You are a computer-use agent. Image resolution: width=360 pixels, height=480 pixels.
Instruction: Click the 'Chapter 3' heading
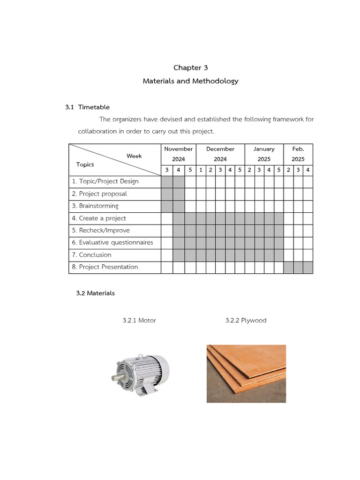(x=190, y=68)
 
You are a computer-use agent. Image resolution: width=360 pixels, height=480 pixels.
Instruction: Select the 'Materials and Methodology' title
(x=190, y=81)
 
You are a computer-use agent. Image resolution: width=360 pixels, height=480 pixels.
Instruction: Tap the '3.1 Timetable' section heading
(x=88, y=107)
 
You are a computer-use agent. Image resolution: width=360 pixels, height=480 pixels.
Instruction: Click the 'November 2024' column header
(x=178, y=154)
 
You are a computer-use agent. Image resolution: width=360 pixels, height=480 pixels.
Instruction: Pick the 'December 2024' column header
(x=220, y=154)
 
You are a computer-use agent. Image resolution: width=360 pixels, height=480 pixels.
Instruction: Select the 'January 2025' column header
(x=264, y=154)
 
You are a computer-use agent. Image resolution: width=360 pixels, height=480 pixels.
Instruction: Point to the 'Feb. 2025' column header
(x=298, y=154)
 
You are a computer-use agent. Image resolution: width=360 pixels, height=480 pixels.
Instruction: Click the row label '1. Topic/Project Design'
(x=105, y=181)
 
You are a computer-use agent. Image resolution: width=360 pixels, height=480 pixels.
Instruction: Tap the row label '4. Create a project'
(x=99, y=218)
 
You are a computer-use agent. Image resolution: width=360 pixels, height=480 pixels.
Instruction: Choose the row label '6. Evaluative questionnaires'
(x=112, y=242)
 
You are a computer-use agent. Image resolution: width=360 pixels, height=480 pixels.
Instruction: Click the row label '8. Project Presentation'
(x=105, y=267)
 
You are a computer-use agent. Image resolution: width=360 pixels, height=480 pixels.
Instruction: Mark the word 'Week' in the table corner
(x=134, y=156)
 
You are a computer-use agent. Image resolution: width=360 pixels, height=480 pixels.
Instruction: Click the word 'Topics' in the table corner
(x=85, y=165)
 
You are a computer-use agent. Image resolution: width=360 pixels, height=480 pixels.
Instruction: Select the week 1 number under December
(x=201, y=170)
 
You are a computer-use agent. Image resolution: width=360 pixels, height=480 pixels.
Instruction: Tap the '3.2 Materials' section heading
(x=95, y=293)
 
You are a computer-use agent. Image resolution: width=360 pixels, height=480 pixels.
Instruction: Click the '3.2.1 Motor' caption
(x=139, y=321)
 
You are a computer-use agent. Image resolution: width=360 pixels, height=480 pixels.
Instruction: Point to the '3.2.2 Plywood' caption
(x=246, y=321)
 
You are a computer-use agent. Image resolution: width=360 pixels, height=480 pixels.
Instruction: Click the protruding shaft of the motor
(x=116, y=377)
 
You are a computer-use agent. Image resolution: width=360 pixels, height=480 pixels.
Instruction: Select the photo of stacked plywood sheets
(x=246, y=374)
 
